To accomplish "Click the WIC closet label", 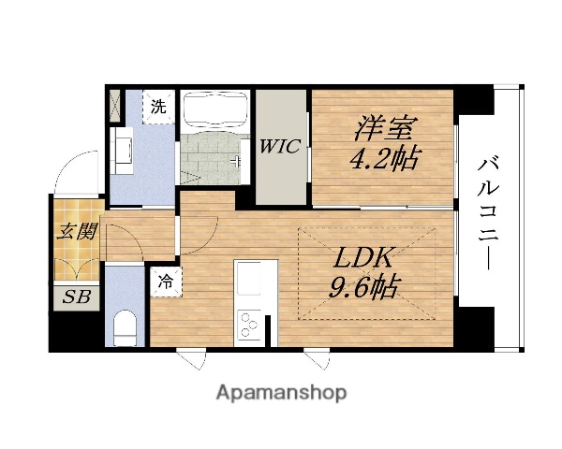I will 279,145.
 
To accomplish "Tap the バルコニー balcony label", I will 488,216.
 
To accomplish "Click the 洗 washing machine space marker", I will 158,107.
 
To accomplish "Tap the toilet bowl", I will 124,328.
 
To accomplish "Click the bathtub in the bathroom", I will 214,112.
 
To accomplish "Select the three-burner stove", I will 250,326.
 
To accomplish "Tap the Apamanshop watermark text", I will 281,392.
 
